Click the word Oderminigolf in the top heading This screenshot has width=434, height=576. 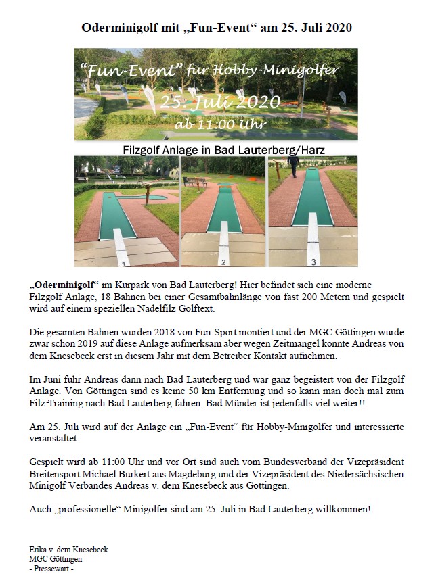pos(114,28)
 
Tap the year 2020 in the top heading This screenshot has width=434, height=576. pos(337,28)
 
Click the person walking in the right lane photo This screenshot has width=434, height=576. pos(293,163)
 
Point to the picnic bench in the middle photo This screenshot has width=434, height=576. pos(198,181)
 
